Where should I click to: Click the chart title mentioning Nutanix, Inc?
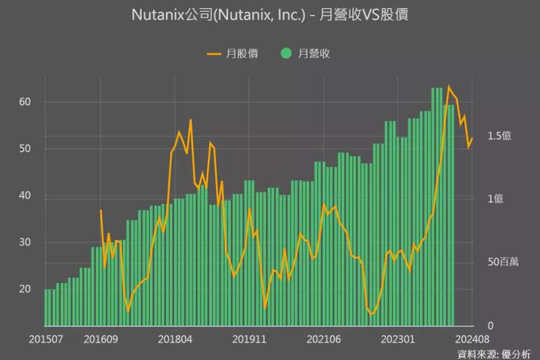(x=270, y=16)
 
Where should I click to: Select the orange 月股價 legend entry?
(x=232, y=53)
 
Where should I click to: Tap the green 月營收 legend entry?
(x=305, y=53)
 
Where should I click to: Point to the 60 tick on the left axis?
(x=25, y=102)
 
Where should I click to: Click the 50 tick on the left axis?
(x=25, y=149)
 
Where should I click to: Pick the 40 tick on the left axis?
(x=25, y=196)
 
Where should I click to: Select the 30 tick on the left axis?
(x=25, y=242)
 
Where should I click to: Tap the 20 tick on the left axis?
(x=25, y=289)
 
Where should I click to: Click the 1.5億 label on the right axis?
(x=500, y=136)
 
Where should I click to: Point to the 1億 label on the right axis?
(x=495, y=199)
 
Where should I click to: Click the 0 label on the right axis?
(x=491, y=326)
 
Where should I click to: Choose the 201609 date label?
(x=101, y=338)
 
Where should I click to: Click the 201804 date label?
(x=175, y=338)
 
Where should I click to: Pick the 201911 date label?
(x=250, y=338)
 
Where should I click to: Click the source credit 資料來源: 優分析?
(x=493, y=353)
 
